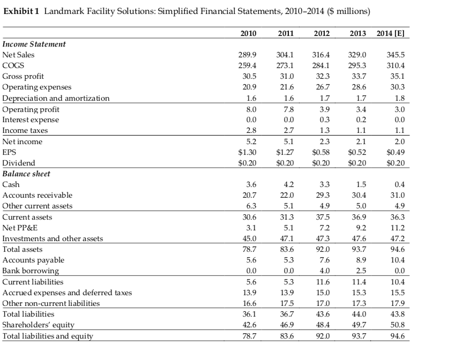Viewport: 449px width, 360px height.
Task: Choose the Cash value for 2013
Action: [x=360, y=185]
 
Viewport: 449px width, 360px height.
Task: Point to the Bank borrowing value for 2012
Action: [x=323, y=271]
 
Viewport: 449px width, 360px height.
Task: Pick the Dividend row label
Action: [x=19, y=163]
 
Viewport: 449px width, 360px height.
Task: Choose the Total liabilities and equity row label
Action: [x=48, y=336]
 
